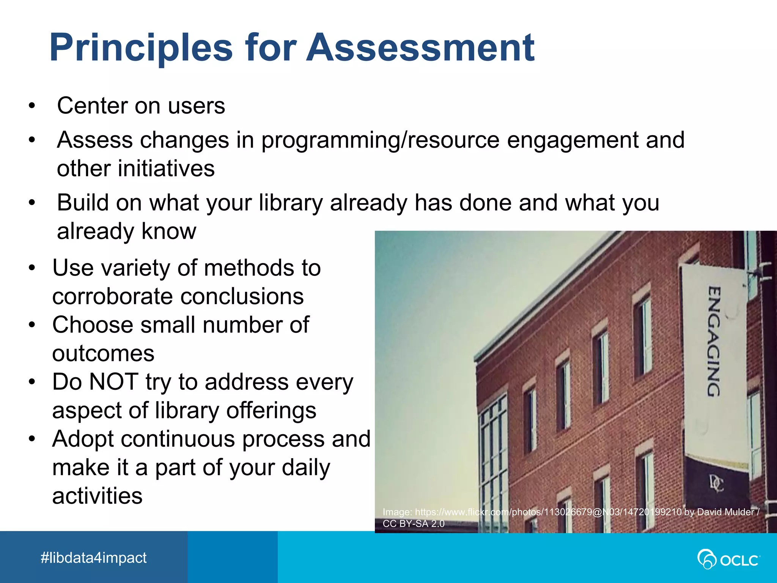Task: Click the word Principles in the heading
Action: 141,48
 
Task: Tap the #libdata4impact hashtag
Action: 93,558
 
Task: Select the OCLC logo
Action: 728,559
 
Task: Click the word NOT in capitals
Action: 114,381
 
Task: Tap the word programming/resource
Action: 380,140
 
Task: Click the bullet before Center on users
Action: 32,106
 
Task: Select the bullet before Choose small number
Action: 32,325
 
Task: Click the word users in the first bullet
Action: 197,106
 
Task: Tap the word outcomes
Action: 103,353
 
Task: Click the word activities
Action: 98,496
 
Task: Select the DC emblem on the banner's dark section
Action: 716,484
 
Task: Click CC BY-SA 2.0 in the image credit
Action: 414,524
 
